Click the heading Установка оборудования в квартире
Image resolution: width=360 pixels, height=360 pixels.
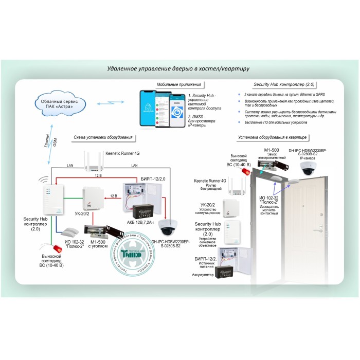(x=273, y=137)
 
